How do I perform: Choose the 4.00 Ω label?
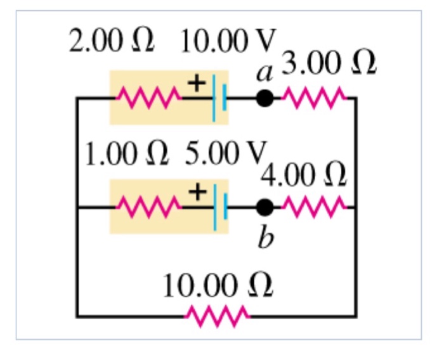pos(304,176)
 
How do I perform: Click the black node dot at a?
pos(264,99)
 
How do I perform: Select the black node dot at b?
pos(265,207)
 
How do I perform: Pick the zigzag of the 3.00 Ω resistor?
pos(314,99)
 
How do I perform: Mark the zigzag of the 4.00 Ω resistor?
pos(314,207)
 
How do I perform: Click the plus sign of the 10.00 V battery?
pos(197,83)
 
